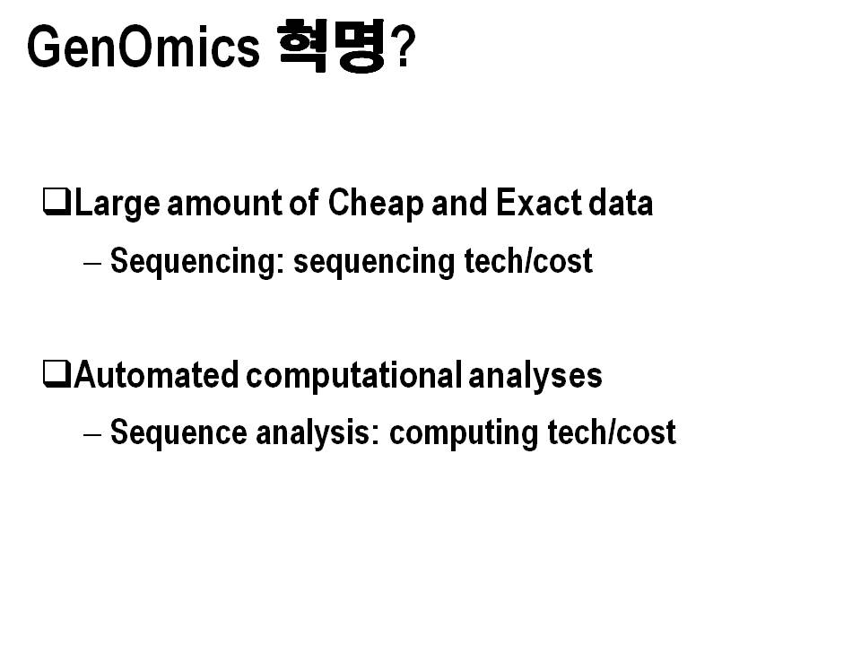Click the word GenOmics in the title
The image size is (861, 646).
[x=143, y=47]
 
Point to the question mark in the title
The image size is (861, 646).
[x=404, y=48]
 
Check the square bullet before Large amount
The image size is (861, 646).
[x=57, y=202]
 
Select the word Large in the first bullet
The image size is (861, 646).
[x=117, y=205]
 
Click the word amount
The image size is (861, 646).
[x=225, y=203]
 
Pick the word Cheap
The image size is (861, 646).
[x=376, y=205]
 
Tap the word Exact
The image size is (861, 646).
[x=539, y=203]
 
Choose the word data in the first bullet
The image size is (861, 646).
[x=621, y=203]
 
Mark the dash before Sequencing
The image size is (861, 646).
[x=92, y=263]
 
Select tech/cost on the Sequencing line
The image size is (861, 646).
[x=528, y=260]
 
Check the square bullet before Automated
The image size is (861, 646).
[x=57, y=374]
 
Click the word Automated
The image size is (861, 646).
[x=156, y=375]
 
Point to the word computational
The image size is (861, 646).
[x=353, y=376]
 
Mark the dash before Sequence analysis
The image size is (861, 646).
[x=92, y=434]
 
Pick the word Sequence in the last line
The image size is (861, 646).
[x=179, y=432]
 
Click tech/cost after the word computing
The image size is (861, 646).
[x=612, y=432]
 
